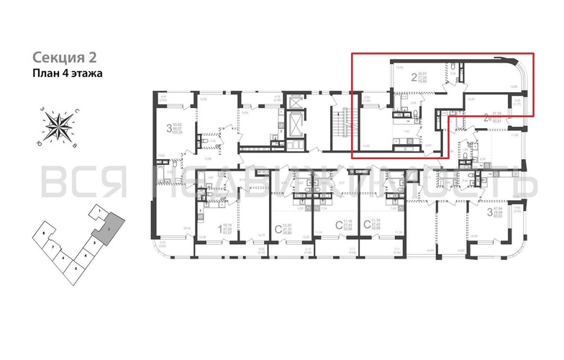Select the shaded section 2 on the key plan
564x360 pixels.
tap(106, 226)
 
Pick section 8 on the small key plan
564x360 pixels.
tap(45, 235)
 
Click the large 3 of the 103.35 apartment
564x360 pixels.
tap(169, 129)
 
